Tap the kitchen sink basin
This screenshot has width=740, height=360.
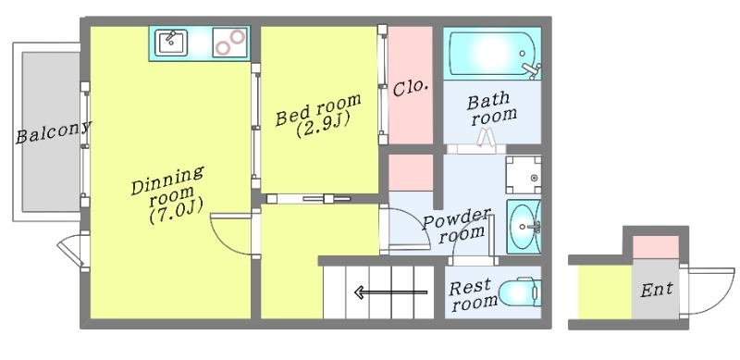[x=172, y=43]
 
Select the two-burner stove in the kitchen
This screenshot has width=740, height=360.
[x=229, y=43]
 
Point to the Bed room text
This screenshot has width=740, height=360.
[x=318, y=109]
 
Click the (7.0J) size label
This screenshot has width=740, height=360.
[x=176, y=212]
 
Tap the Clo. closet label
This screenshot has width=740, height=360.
[x=411, y=88]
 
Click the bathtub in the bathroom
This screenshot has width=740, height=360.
[x=493, y=54]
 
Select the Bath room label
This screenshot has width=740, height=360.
[x=492, y=108]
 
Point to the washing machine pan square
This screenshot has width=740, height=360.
[x=524, y=175]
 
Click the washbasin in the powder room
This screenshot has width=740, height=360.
[x=524, y=227]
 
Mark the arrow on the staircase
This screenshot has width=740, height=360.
[x=390, y=292]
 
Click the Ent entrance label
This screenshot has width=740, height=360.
[x=657, y=289]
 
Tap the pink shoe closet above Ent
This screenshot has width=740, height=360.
[x=655, y=246]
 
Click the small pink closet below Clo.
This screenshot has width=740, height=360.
[x=411, y=172]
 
